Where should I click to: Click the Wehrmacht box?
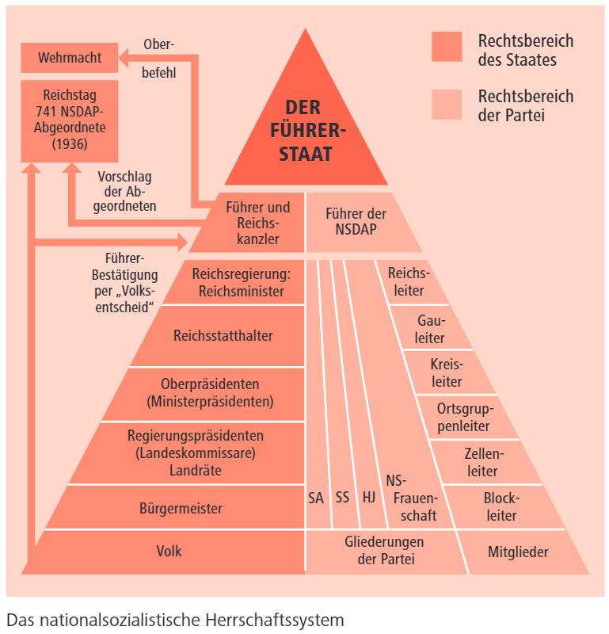(69, 57)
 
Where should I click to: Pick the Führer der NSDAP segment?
(356, 223)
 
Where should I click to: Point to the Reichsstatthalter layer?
(223, 335)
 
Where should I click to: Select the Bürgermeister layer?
(181, 508)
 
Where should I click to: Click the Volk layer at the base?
(169, 551)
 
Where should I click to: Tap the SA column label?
(316, 498)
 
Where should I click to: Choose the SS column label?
(342, 498)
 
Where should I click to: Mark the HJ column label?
(368, 498)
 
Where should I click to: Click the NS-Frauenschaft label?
(409, 498)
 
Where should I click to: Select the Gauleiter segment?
(431, 330)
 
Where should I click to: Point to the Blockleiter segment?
(501, 507)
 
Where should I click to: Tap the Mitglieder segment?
(518, 552)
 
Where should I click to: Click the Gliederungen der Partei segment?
(384, 551)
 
